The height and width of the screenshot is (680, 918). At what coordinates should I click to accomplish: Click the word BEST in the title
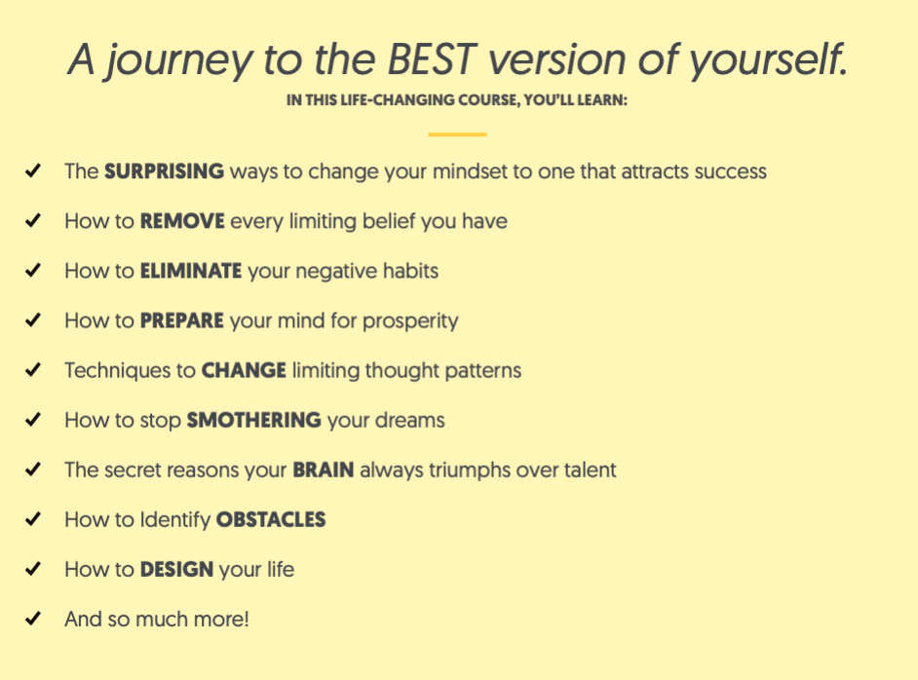[432, 59]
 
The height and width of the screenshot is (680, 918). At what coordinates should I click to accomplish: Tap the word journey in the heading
[179, 62]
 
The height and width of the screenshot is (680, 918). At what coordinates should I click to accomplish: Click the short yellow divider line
[457, 134]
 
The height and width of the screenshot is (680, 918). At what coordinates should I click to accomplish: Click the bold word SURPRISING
[164, 171]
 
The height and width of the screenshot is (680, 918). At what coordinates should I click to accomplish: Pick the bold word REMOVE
[182, 221]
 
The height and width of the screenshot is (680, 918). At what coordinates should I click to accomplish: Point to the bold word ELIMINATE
[191, 271]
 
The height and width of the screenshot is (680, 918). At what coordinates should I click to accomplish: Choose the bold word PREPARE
[181, 321]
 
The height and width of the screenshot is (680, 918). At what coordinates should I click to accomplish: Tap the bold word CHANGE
[244, 370]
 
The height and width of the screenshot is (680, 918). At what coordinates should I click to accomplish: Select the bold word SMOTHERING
[253, 420]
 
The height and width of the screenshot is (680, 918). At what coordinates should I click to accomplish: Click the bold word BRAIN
[324, 470]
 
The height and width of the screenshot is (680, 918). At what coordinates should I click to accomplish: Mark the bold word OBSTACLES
[271, 519]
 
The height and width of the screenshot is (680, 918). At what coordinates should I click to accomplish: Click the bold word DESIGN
[176, 569]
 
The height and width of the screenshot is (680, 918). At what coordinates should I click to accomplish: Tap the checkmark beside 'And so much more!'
[33, 618]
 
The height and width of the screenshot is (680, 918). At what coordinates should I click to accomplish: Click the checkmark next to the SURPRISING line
[33, 170]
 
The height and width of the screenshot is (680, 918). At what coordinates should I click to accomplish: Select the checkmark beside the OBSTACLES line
[33, 518]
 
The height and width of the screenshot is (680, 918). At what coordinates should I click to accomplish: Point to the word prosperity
[410, 321]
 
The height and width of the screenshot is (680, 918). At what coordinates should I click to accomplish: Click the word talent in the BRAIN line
[591, 470]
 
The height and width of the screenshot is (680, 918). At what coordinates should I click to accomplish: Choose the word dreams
[410, 420]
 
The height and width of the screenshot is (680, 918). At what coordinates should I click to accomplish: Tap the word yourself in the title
[768, 62]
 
